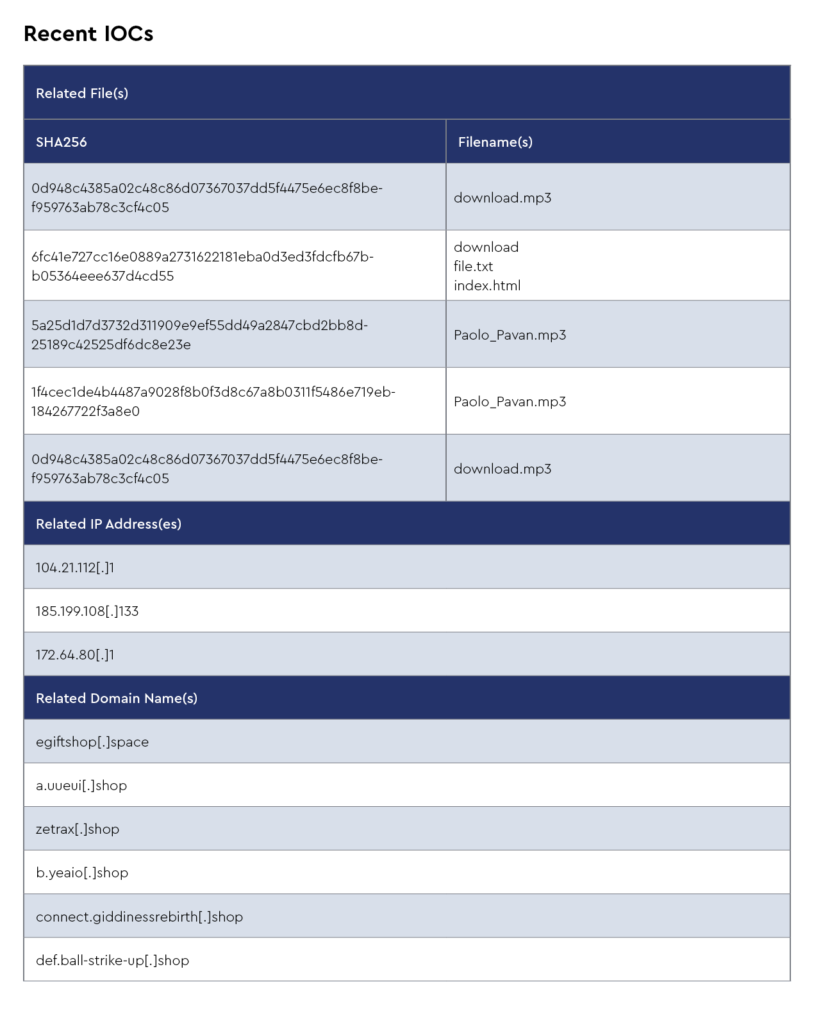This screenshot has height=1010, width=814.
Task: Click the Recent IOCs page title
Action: pos(88,34)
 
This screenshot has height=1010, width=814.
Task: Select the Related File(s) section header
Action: pos(82,94)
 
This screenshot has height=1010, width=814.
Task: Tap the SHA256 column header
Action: pos(62,142)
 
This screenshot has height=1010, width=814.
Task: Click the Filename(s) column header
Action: pos(495,142)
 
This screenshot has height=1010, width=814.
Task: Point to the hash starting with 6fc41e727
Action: pos(203,266)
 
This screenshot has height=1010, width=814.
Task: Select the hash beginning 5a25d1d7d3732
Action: pos(199,335)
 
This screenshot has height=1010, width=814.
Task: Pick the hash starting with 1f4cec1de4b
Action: pos(213,401)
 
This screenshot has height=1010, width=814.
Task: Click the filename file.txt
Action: pos(474,267)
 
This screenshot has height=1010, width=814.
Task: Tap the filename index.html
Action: pos(487,286)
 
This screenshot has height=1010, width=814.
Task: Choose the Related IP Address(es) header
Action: pos(108,524)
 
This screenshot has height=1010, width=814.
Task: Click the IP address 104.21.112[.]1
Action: pos(75,568)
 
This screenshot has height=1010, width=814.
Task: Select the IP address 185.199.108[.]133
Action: pos(87,611)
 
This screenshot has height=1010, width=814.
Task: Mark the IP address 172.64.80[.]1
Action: pos(75,655)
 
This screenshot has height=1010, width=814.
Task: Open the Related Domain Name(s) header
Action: pos(117,699)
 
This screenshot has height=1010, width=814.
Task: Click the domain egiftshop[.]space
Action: pos(92,742)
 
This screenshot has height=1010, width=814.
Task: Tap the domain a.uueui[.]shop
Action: pos(81,786)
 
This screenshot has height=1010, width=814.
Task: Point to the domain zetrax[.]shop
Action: pos(78,829)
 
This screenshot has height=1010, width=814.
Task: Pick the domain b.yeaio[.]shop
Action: pos(82,873)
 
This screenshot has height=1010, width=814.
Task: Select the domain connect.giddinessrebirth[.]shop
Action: pos(139,917)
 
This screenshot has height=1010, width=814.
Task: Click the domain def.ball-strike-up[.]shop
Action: pos(112,961)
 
